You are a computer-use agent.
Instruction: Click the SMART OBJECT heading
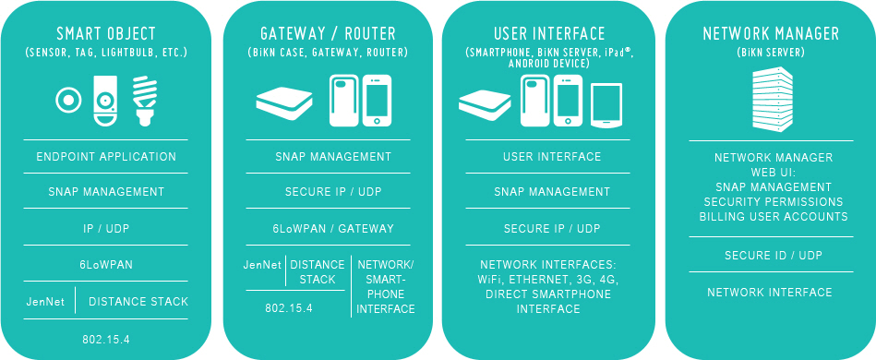(106, 34)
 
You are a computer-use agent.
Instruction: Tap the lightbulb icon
(144, 102)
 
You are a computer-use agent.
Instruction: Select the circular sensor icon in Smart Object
(68, 101)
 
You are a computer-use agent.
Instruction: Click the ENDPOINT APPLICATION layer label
(106, 157)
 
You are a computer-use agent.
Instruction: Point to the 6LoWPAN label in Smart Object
(106, 264)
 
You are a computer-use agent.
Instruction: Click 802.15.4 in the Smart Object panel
(106, 340)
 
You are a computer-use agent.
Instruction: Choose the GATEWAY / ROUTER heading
(329, 34)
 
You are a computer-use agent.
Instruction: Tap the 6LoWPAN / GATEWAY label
(333, 229)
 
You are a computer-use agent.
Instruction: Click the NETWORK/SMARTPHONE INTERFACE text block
(386, 287)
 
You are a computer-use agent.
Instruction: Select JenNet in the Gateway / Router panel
(262, 265)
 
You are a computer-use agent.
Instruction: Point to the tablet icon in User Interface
(606, 105)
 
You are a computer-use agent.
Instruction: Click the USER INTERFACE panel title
(549, 34)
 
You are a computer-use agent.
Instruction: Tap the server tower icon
(772, 101)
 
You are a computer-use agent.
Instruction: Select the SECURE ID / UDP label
(774, 256)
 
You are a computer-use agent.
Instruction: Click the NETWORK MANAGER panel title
(771, 34)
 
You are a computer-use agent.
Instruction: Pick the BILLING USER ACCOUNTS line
(774, 217)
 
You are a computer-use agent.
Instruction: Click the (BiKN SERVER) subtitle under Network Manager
(771, 54)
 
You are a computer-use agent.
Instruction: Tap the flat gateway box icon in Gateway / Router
(284, 104)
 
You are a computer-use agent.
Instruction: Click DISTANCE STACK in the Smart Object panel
(138, 302)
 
